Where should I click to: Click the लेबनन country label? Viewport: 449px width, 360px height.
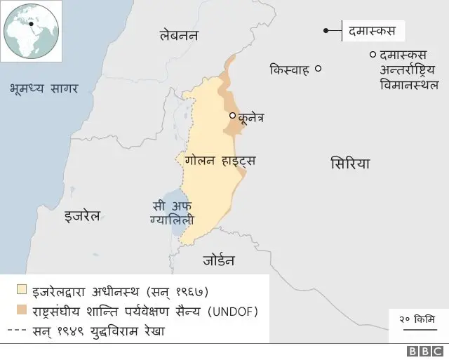coord(179,35)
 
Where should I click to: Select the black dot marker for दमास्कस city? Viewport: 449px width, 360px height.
coord(326,30)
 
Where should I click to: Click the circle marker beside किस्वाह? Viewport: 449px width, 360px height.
coord(318,69)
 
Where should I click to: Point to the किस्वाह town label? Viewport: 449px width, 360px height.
coord(289,69)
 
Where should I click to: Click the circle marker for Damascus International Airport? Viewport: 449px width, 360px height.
coord(372,55)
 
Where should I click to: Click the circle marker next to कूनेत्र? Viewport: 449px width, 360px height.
coord(233,115)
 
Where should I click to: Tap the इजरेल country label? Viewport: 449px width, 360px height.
coord(82,215)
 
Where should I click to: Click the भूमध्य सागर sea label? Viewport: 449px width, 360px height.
coord(43,88)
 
